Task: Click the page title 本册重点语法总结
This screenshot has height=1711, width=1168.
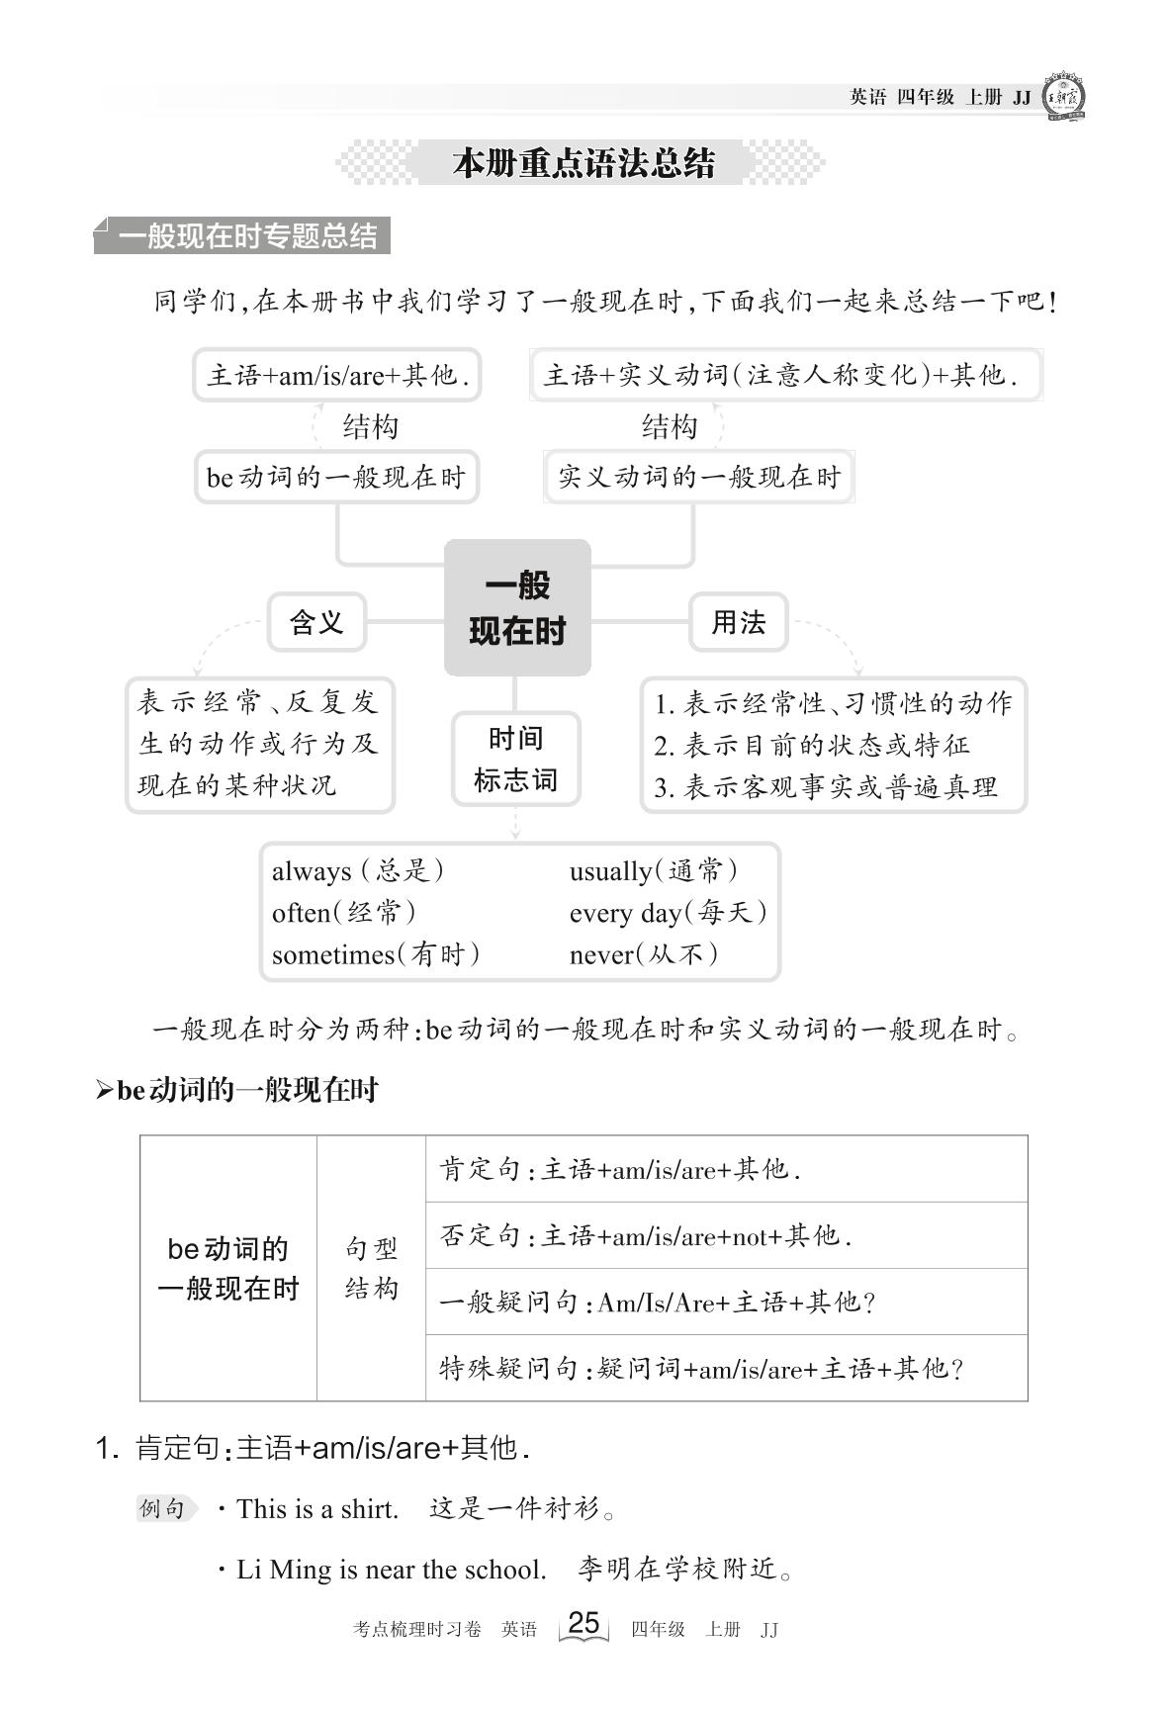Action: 583,163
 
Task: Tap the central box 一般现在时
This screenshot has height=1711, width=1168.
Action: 517,608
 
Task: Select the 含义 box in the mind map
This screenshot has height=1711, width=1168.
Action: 316,622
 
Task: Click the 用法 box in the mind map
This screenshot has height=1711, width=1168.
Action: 738,622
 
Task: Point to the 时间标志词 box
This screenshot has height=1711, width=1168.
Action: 515,760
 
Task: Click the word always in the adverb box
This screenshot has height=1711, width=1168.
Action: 312,871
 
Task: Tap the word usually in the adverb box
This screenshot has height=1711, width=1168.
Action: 610,871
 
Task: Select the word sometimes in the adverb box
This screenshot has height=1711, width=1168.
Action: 333,954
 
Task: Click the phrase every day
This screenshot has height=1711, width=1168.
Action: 625,913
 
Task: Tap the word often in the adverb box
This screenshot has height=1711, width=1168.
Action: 301,913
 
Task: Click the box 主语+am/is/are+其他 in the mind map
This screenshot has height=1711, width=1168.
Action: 337,375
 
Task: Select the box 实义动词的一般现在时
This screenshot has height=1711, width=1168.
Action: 698,477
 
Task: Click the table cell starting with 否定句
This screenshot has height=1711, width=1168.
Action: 726,1235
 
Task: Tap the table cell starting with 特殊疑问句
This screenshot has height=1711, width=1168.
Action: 726,1368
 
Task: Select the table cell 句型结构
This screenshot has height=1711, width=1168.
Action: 371,1268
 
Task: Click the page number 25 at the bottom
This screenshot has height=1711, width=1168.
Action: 584,1623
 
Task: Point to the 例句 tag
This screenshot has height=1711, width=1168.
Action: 163,1508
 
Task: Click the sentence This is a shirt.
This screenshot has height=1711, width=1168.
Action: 316,1509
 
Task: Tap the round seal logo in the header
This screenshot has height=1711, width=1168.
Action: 1064,97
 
